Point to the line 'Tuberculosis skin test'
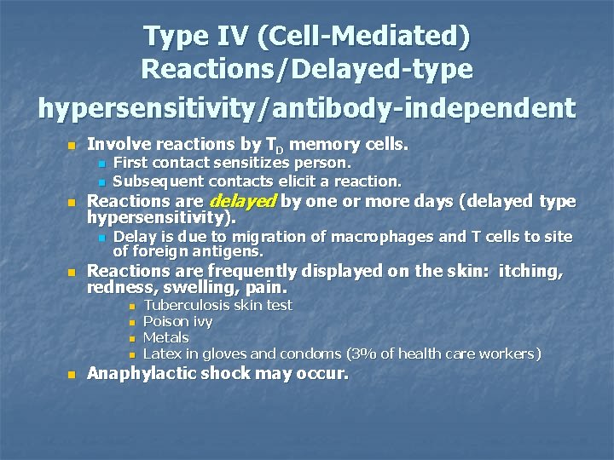[217, 305]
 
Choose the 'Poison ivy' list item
[177, 321]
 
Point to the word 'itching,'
[530, 272]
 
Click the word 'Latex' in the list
[161, 354]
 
